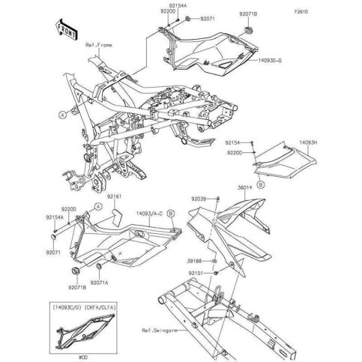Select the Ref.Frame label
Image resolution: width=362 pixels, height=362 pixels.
click(100, 46)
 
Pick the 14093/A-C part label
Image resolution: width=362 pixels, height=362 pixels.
click(151, 214)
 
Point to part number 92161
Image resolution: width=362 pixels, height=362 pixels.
click(113, 196)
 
